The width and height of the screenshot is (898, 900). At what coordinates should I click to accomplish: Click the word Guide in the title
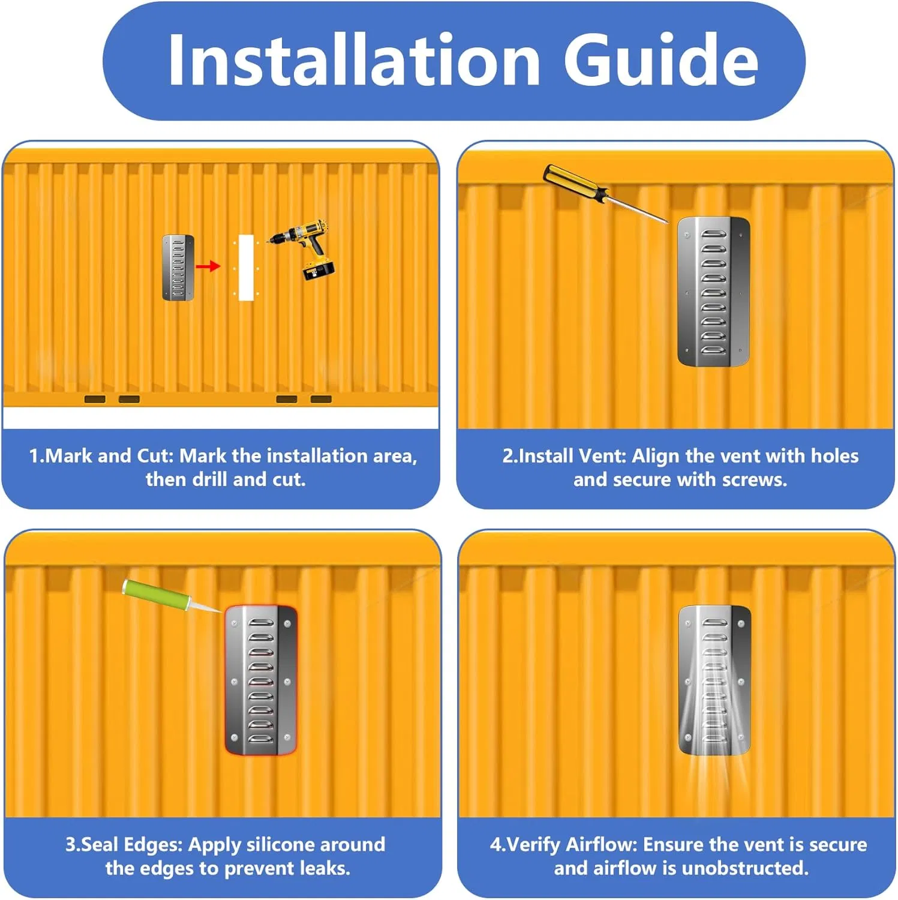click(x=661, y=59)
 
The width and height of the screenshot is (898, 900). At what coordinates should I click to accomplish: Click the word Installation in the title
click(x=354, y=59)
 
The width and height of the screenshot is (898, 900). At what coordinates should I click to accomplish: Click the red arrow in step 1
click(x=208, y=266)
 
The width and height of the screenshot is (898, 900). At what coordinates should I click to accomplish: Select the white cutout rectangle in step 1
click(x=246, y=268)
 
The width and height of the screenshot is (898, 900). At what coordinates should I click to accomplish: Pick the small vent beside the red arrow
click(x=178, y=268)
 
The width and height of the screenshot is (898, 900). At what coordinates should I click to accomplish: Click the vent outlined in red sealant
click(x=261, y=680)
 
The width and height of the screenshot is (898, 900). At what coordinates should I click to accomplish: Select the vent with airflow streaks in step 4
click(x=714, y=680)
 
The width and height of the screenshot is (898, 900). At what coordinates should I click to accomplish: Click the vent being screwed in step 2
click(x=713, y=292)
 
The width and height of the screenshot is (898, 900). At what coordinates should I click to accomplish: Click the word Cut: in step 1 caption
click(x=155, y=456)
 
